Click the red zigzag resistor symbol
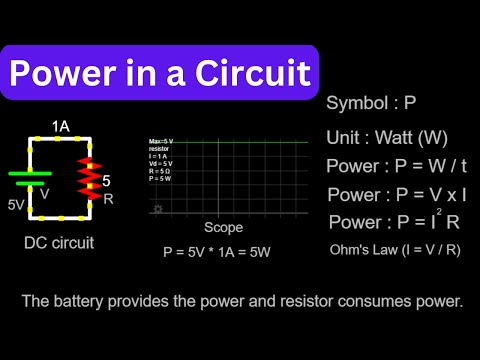coord(92,179)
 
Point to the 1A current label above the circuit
coord(62,128)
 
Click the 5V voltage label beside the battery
coord(16,204)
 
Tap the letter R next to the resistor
coord(109,199)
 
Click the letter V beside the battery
coord(45,195)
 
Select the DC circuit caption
coord(61,243)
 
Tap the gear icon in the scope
coord(156,210)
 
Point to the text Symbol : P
coord(371,104)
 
